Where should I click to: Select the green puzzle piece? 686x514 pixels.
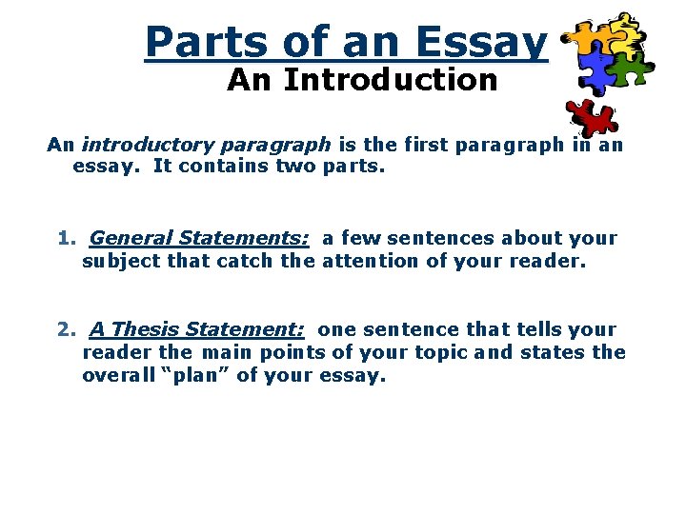pyautogui.click(x=625, y=69)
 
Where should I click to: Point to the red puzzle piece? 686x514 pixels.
pyautogui.click(x=592, y=118)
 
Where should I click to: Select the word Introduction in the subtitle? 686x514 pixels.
pyautogui.click(x=391, y=81)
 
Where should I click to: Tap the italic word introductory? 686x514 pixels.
pyautogui.click(x=148, y=145)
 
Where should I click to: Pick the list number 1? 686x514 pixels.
pyautogui.click(x=66, y=238)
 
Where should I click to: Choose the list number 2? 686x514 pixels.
pyautogui.click(x=66, y=329)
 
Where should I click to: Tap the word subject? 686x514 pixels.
pyautogui.click(x=121, y=261)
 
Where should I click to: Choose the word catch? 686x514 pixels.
pyautogui.click(x=223, y=261)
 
